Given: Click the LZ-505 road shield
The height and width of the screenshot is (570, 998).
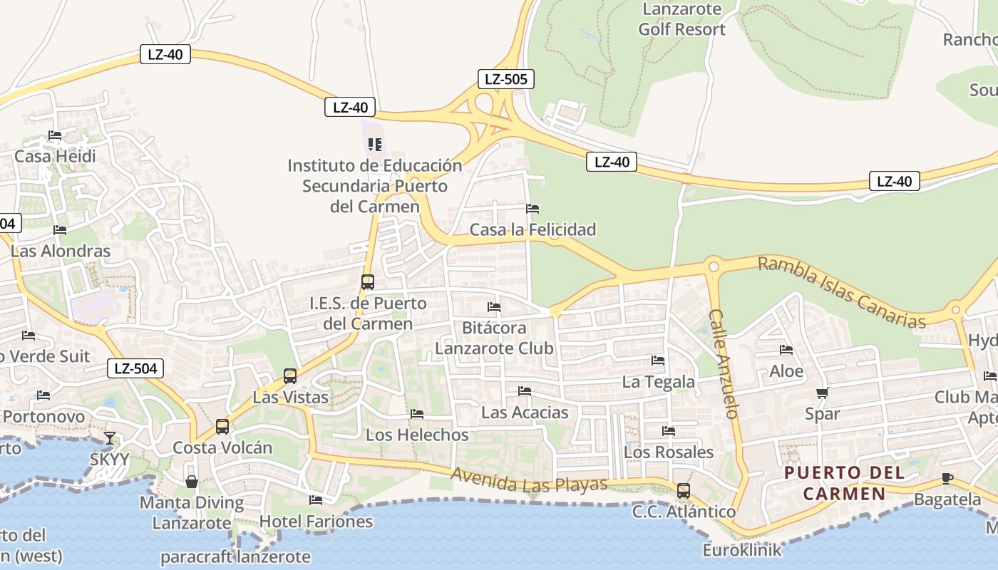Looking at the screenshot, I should (505, 79).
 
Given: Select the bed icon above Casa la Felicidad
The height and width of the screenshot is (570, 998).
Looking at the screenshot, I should (533, 209).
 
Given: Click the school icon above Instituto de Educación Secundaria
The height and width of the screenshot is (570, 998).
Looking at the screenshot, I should (374, 145).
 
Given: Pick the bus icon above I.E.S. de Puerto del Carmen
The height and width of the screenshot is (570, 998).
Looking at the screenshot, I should (368, 281).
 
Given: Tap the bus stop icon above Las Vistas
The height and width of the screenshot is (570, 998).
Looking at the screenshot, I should (290, 375).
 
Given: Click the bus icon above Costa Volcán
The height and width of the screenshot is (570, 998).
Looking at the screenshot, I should (222, 426).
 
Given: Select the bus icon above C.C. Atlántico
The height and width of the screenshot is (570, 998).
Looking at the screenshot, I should (684, 490).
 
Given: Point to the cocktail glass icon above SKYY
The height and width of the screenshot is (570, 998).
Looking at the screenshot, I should (109, 437).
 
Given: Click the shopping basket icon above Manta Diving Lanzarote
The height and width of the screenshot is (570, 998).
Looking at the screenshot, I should (192, 482).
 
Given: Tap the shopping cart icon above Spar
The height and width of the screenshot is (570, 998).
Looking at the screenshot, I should (822, 393).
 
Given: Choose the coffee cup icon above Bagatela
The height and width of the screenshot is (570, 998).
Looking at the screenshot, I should (947, 478).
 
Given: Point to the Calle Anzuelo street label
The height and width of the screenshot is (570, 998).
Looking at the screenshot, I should (723, 363).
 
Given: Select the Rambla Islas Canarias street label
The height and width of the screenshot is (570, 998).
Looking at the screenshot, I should (841, 292).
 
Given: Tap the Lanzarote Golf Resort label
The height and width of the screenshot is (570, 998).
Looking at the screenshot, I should (681, 19).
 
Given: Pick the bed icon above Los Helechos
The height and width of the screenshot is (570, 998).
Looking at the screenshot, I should (417, 414).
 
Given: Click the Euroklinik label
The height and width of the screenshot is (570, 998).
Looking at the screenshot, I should (741, 550).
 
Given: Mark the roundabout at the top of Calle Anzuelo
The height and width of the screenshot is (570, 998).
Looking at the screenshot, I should (713, 266).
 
